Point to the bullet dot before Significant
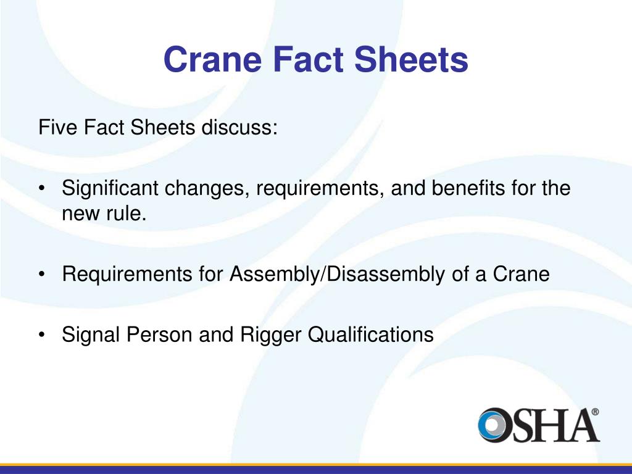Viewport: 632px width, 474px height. point(42,189)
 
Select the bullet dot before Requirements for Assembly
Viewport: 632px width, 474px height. point(42,274)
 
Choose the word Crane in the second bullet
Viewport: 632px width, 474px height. point(520,273)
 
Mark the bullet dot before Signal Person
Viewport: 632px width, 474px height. point(42,335)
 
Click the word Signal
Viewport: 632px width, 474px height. point(91,334)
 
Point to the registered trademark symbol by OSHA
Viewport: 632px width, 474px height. point(595,412)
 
